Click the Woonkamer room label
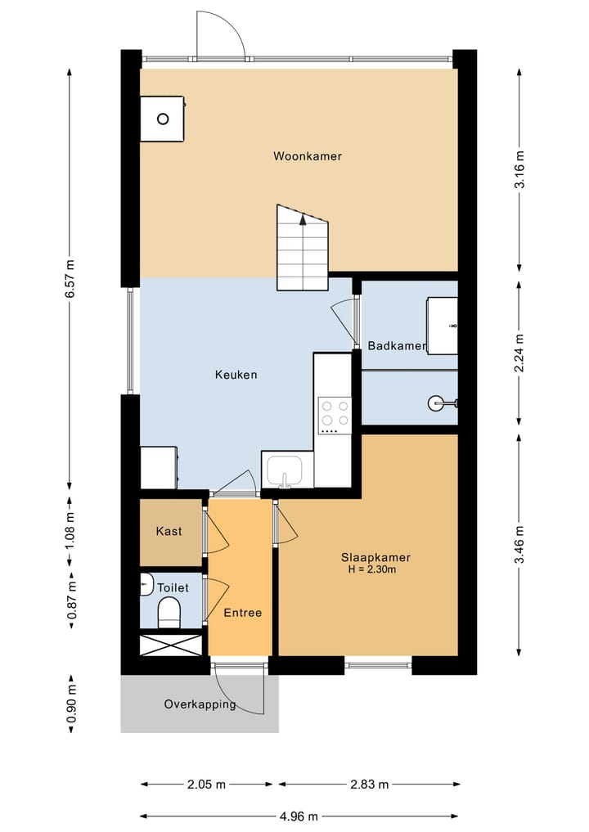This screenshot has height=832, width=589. (308, 156)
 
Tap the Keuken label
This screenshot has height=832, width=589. (236, 375)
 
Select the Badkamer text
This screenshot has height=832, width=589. (397, 346)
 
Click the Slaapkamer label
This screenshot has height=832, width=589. (375, 558)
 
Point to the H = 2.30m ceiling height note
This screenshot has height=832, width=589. (372, 570)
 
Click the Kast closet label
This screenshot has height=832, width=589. (169, 531)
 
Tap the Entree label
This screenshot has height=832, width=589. (242, 613)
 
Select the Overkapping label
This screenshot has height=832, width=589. (200, 704)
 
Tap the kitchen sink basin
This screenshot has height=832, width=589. (285, 470)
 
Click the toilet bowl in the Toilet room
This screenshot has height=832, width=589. (169, 612)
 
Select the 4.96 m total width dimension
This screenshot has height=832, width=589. (299, 816)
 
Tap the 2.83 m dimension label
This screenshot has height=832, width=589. (369, 785)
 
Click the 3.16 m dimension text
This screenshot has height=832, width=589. (519, 170)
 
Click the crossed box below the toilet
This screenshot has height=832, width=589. (171, 645)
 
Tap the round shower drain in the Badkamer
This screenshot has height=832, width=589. (434, 403)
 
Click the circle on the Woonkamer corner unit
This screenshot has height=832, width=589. (163, 119)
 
